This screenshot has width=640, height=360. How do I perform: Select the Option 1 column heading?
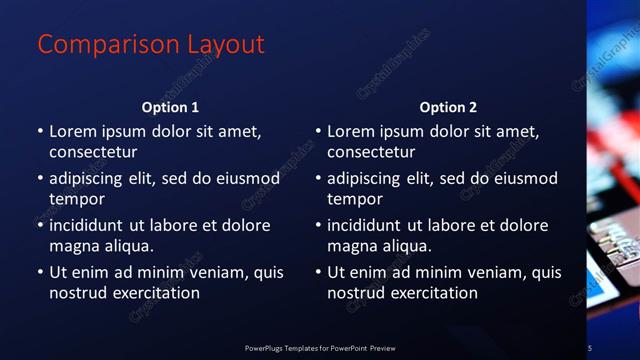click(x=170, y=107)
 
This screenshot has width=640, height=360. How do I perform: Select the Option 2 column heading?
click(x=448, y=107)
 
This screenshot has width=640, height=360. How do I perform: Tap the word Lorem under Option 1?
click(x=71, y=131)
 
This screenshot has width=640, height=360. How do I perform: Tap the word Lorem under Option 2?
click(x=349, y=131)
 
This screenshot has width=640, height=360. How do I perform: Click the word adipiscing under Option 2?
click(x=368, y=178)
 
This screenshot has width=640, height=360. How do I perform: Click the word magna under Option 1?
click(x=71, y=246)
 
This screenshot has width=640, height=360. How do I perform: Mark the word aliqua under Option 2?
click(x=407, y=246)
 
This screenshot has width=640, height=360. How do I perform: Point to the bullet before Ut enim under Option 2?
click(x=318, y=272)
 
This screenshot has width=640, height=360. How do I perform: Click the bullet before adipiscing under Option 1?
click(x=40, y=178)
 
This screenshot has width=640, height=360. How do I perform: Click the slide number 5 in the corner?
click(x=590, y=347)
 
